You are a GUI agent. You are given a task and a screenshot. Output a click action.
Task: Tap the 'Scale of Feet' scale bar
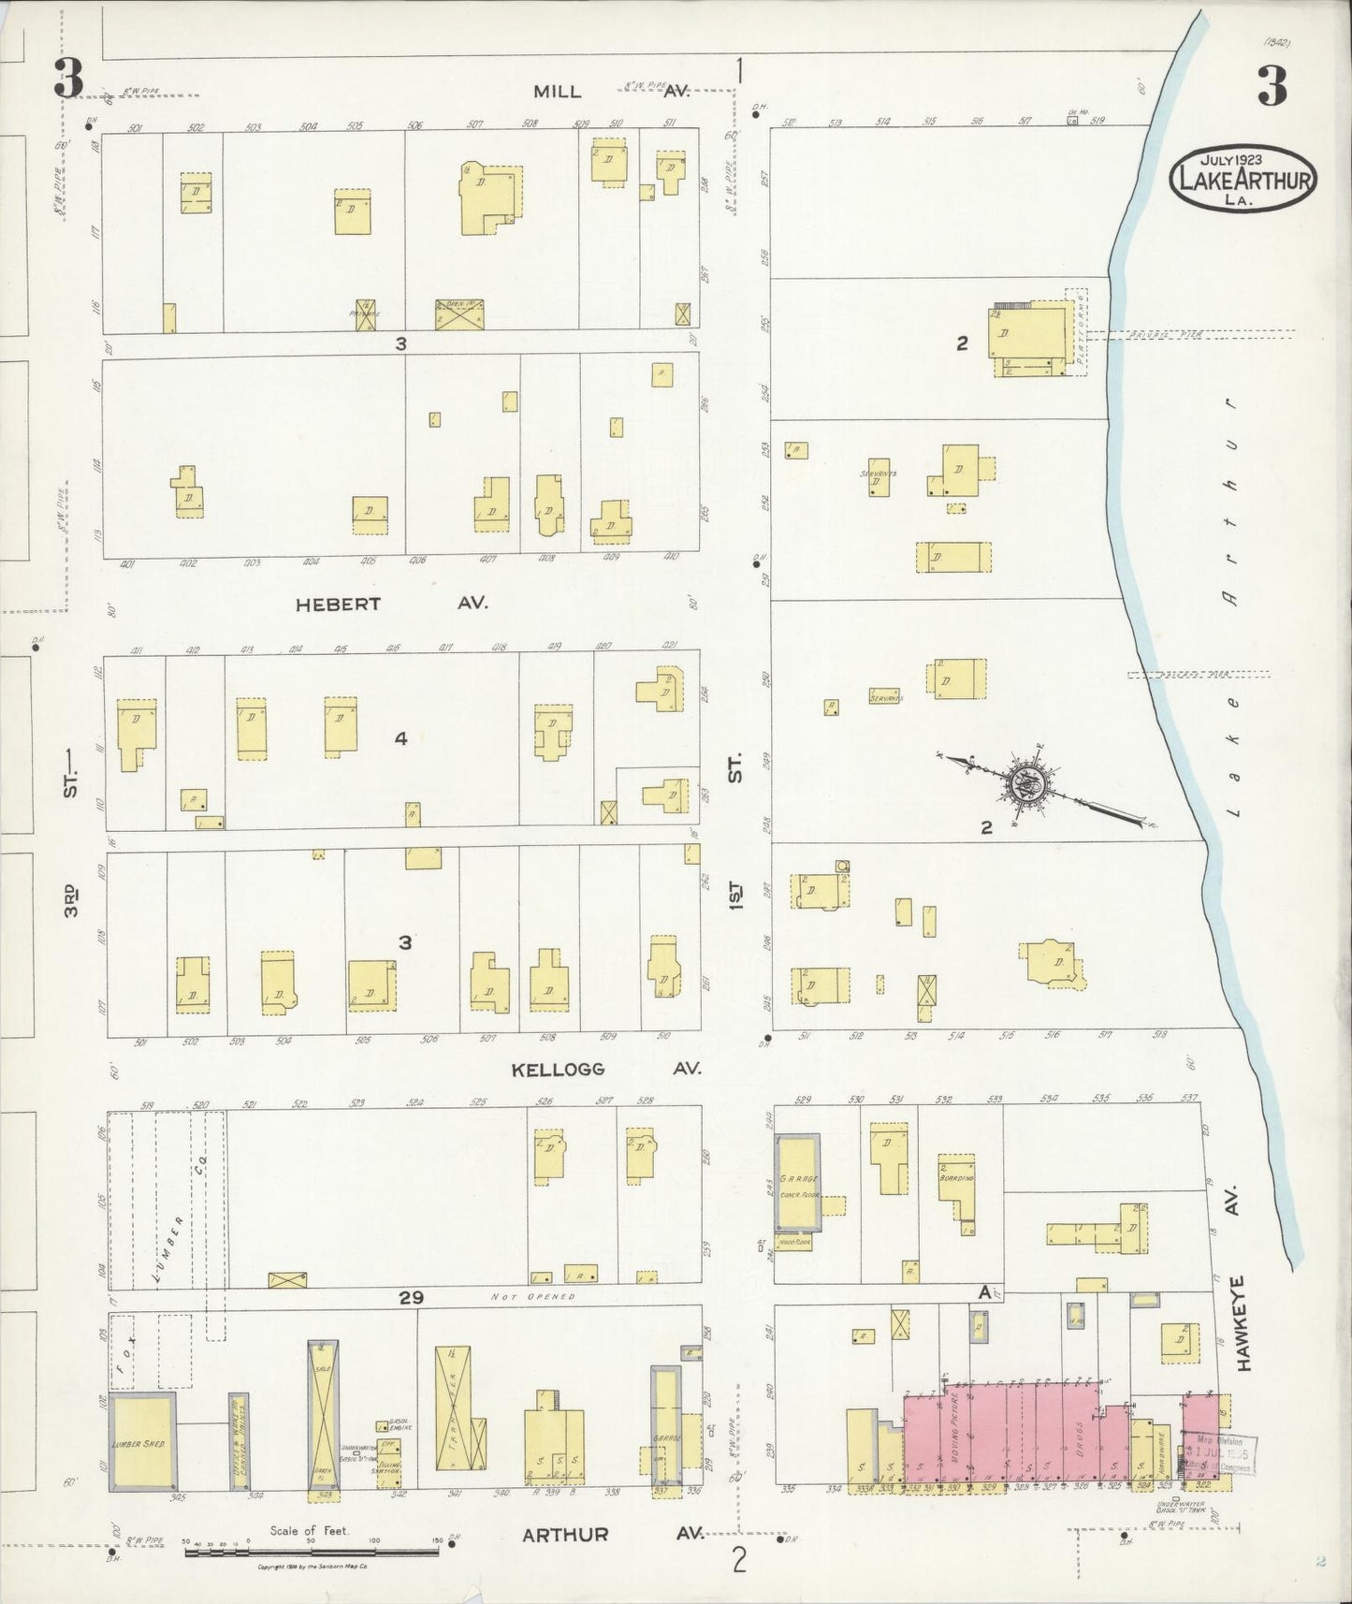coord(312,1552)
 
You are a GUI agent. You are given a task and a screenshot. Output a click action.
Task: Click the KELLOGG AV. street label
coord(604,1069)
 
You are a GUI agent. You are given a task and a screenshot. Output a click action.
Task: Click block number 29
coord(411,1297)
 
